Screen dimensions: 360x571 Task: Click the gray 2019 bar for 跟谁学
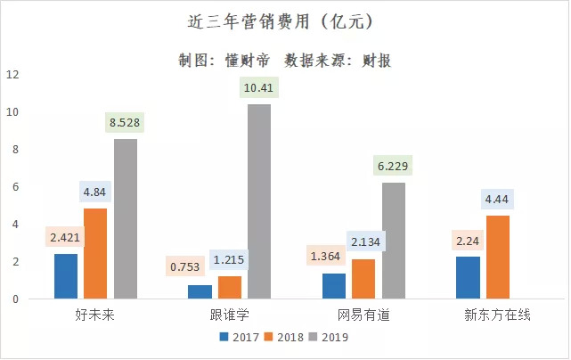[x=259, y=201]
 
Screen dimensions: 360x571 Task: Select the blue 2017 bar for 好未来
[x=66, y=276]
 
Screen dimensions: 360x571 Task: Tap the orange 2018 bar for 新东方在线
[x=499, y=258]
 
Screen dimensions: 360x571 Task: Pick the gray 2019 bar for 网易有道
[x=393, y=241]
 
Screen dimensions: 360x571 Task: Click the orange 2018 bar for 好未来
[x=95, y=254]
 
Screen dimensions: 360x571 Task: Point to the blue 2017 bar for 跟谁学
[x=200, y=292]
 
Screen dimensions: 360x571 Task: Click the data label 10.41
[x=259, y=87]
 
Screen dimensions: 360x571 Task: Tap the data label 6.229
[x=393, y=166]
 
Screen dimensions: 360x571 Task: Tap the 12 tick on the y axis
[x=12, y=75]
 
